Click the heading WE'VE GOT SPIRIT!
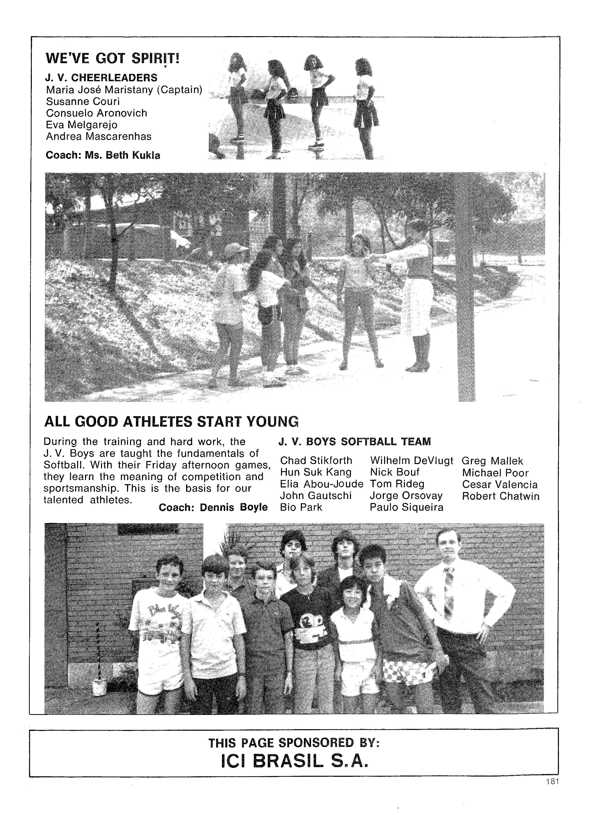coord(112,59)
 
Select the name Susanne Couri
coord(82,101)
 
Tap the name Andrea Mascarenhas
coord(99,137)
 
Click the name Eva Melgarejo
coord(81,125)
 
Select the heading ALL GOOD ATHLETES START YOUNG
coord(171,421)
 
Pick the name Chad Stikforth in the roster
coord(316,460)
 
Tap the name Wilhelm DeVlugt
coord(411,460)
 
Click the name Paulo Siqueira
coord(406,507)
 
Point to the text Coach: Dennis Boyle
coord(213,507)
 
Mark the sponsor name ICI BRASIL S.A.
coord(294,761)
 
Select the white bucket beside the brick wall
coord(98,687)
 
